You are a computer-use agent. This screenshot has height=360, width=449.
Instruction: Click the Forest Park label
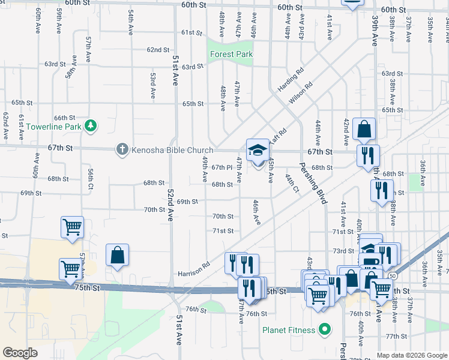point(231,54)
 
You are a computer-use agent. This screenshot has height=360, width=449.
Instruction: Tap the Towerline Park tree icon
point(90,126)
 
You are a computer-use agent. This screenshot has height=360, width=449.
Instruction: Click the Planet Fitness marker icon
point(325,329)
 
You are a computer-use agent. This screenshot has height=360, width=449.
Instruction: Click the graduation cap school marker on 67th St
point(258,150)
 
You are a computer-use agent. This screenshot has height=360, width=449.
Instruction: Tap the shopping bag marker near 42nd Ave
point(364,129)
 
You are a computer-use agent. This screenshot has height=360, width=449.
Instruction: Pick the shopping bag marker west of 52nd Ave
point(118,255)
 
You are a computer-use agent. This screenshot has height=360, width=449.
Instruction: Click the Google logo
point(20,353)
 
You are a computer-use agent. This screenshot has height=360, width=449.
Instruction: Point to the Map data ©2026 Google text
point(411,355)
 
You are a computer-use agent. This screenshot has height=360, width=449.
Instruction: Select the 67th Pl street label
point(221,167)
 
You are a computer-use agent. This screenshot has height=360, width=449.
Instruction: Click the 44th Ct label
point(292,183)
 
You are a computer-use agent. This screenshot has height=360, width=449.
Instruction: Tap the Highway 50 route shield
point(391,275)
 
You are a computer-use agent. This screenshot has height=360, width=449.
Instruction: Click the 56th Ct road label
point(91,178)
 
